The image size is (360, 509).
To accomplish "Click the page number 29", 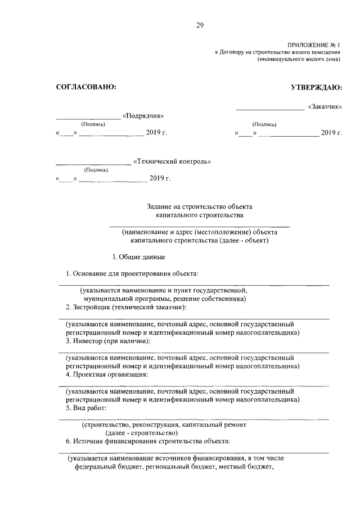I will [x=200, y=24].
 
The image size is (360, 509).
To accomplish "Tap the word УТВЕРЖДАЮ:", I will [x=316, y=87].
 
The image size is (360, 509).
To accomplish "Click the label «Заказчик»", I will [x=325, y=106].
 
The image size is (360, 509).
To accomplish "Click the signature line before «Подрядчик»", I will [x=88, y=118].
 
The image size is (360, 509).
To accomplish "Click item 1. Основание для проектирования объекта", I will [x=132, y=273].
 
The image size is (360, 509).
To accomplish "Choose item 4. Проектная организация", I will [x=107, y=374].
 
